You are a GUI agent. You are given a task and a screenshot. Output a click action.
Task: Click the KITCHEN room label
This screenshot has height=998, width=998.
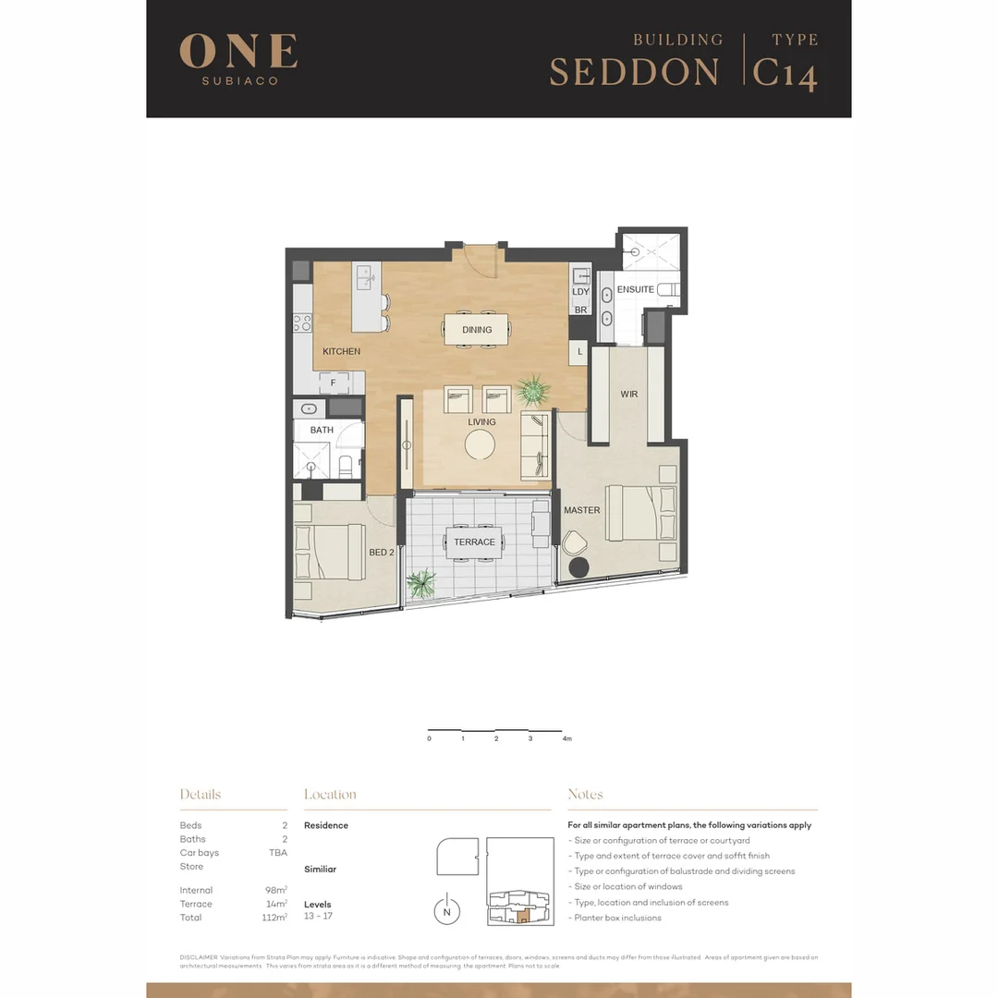pos(341,352)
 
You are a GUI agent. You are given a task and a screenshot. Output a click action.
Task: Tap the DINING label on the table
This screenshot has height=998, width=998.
pos(477,330)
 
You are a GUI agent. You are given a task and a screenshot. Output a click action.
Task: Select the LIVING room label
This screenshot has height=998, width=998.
pos(481,422)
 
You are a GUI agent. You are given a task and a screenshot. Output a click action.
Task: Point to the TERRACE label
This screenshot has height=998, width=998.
pos(474,542)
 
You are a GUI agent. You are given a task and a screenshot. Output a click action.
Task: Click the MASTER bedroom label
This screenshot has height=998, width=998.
pos(581,510)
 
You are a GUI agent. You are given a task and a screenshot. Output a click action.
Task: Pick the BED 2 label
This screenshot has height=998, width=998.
pos(382,553)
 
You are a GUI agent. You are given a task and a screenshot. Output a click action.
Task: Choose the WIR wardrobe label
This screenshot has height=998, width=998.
pos(628,395)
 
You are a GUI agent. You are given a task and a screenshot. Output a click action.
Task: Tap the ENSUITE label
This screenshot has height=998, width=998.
pos(635,290)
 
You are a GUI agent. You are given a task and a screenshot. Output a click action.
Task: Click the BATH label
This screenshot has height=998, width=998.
pos(322,431)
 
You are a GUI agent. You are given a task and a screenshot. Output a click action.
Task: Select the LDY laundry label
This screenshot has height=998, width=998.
pos(580,292)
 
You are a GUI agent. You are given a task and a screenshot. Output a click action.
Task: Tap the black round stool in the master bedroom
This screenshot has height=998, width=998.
pos(578,568)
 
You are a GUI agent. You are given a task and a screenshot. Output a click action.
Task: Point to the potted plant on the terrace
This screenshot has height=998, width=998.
pos(421,584)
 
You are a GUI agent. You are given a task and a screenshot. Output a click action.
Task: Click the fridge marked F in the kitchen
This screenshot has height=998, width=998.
pos(333,382)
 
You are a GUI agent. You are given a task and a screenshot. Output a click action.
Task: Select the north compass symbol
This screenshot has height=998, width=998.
pos(447,910)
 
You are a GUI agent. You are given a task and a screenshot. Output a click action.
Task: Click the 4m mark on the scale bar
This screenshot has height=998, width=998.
pos(566,739)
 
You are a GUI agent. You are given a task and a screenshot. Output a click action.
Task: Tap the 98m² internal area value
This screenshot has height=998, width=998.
pos(275,891)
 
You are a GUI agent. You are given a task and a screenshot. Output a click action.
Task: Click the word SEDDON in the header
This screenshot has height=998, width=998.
pos(634,73)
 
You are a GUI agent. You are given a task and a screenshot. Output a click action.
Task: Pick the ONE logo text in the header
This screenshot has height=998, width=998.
pos(238,52)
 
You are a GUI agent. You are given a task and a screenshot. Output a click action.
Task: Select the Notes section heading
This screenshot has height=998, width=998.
pos(585,795)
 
